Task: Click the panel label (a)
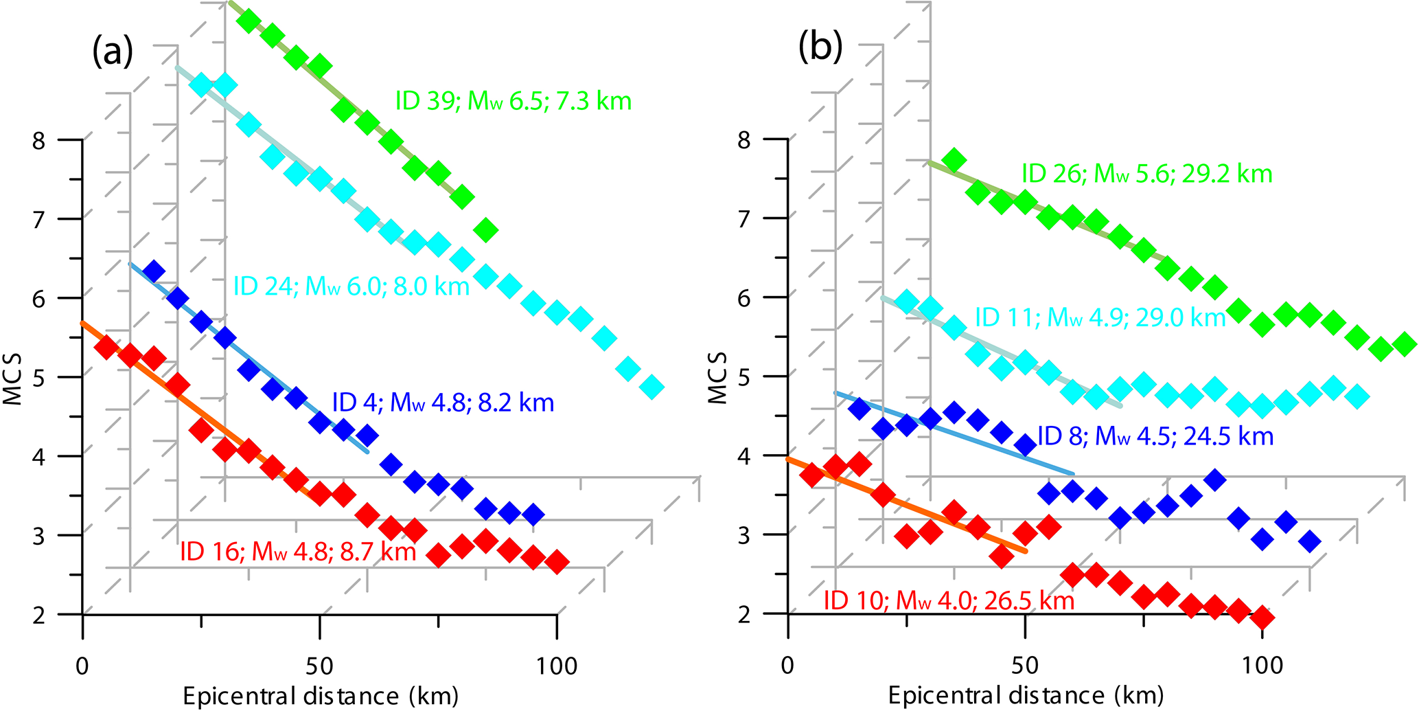[113, 51]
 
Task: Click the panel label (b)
[820, 47]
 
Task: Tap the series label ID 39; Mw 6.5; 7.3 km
[513, 101]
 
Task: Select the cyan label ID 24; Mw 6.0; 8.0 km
[351, 286]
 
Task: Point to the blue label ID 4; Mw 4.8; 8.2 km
[443, 403]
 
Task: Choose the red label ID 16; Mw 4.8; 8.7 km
[298, 552]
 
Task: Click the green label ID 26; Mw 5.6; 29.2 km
[1146, 174]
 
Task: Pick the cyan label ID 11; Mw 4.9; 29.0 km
[1100, 317]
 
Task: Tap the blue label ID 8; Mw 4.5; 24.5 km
[1155, 436]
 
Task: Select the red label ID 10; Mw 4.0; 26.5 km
[948, 601]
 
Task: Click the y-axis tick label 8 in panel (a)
[39, 140]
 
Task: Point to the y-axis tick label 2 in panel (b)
[744, 613]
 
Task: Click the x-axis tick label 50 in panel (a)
[319, 665]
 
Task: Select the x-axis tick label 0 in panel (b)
[787, 665]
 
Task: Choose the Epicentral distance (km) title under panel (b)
[1026, 696]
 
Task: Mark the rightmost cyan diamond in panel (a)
[651, 387]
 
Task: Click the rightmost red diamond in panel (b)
[1262, 617]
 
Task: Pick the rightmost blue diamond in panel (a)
[533, 514]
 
